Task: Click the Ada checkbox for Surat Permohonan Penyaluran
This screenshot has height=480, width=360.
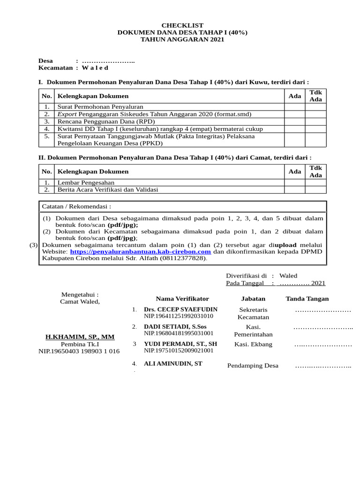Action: [x=294, y=107]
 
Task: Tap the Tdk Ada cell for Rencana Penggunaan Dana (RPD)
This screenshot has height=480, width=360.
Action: [x=316, y=121]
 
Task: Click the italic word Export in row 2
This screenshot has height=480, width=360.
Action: [x=67, y=114]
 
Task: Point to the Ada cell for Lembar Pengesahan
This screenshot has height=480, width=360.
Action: [x=294, y=183]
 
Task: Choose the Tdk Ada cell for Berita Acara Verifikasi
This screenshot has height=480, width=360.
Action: [x=316, y=190]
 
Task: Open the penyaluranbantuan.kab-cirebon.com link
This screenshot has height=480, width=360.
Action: [x=140, y=251]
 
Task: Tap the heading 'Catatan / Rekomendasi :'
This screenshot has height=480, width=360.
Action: [x=77, y=206]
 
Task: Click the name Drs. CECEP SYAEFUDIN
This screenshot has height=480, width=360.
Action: [x=180, y=310]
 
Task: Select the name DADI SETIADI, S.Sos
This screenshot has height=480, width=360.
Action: [x=175, y=327]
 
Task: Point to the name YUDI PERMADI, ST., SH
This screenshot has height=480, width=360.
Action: [x=180, y=344]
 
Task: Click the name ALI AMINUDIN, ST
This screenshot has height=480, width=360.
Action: [x=173, y=364]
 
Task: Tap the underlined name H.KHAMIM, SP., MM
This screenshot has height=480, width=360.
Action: [x=80, y=337]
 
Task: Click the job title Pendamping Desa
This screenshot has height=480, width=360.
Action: [x=253, y=366]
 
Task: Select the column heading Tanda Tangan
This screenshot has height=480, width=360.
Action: [x=307, y=299]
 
